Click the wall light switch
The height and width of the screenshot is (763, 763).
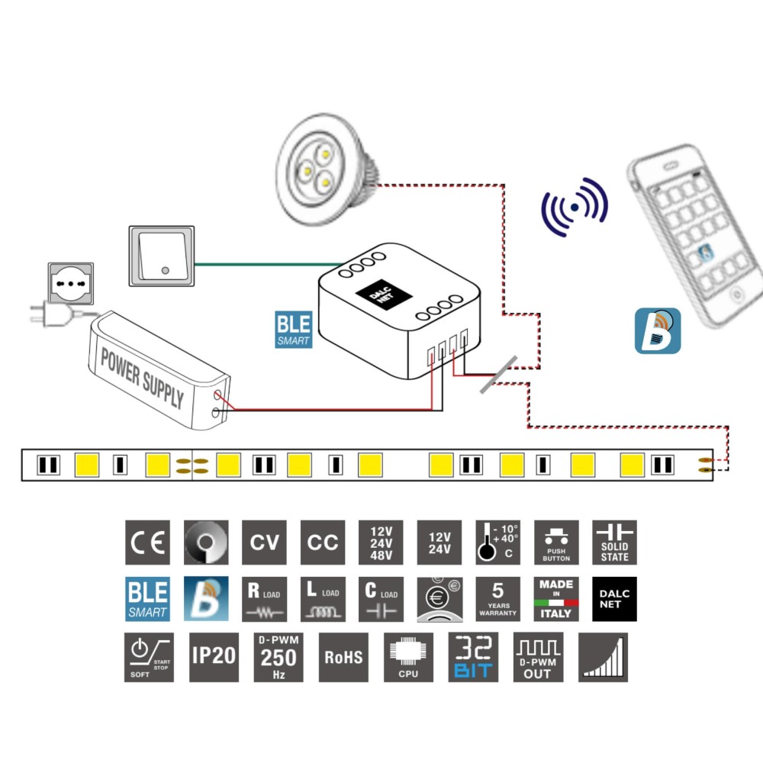[161, 254]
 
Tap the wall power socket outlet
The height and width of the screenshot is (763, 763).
[71, 282]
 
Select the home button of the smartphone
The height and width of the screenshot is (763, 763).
[737, 294]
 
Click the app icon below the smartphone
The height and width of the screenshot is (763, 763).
[657, 330]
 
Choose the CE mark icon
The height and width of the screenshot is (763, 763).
[147, 542]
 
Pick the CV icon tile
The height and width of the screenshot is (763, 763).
[264, 542]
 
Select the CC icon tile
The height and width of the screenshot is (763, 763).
[323, 542]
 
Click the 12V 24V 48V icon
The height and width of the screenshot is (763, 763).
[381, 542]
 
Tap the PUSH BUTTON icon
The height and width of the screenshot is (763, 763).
[556, 542]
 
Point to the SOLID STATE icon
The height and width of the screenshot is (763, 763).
[614, 542]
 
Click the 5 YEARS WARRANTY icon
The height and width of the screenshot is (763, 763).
[497, 599]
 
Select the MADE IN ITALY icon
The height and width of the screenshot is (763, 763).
[556, 599]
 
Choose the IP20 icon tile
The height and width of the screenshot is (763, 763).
[214, 656]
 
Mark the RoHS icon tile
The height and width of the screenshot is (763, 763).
[343, 656]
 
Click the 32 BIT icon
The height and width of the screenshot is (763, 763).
[473, 656]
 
